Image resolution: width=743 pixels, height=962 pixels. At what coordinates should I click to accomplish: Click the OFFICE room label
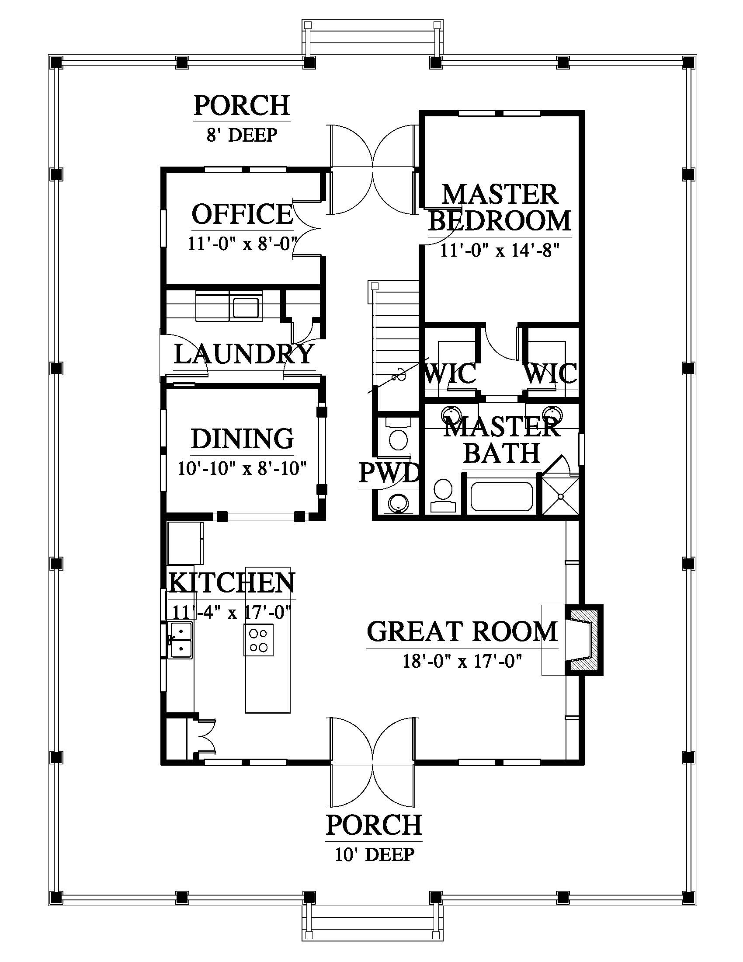tap(242, 214)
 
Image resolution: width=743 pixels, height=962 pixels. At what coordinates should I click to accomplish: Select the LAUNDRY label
tap(244, 354)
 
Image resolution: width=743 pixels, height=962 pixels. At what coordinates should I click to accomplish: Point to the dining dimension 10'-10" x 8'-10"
tap(242, 468)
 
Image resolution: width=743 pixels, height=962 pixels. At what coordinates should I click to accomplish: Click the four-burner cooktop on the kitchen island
tap(258, 640)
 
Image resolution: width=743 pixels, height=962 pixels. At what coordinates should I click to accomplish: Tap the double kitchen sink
tap(181, 640)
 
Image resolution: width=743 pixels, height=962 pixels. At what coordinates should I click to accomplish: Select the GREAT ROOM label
tap(462, 631)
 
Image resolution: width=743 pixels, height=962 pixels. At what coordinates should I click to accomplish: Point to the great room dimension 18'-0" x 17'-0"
tap(462, 661)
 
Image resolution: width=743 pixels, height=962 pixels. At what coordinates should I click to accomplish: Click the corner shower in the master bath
tap(561, 496)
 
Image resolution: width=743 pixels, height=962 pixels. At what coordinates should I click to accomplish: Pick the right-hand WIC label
tap(550, 373)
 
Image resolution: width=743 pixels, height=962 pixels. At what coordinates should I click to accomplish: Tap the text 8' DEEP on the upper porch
tap(242, 135)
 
